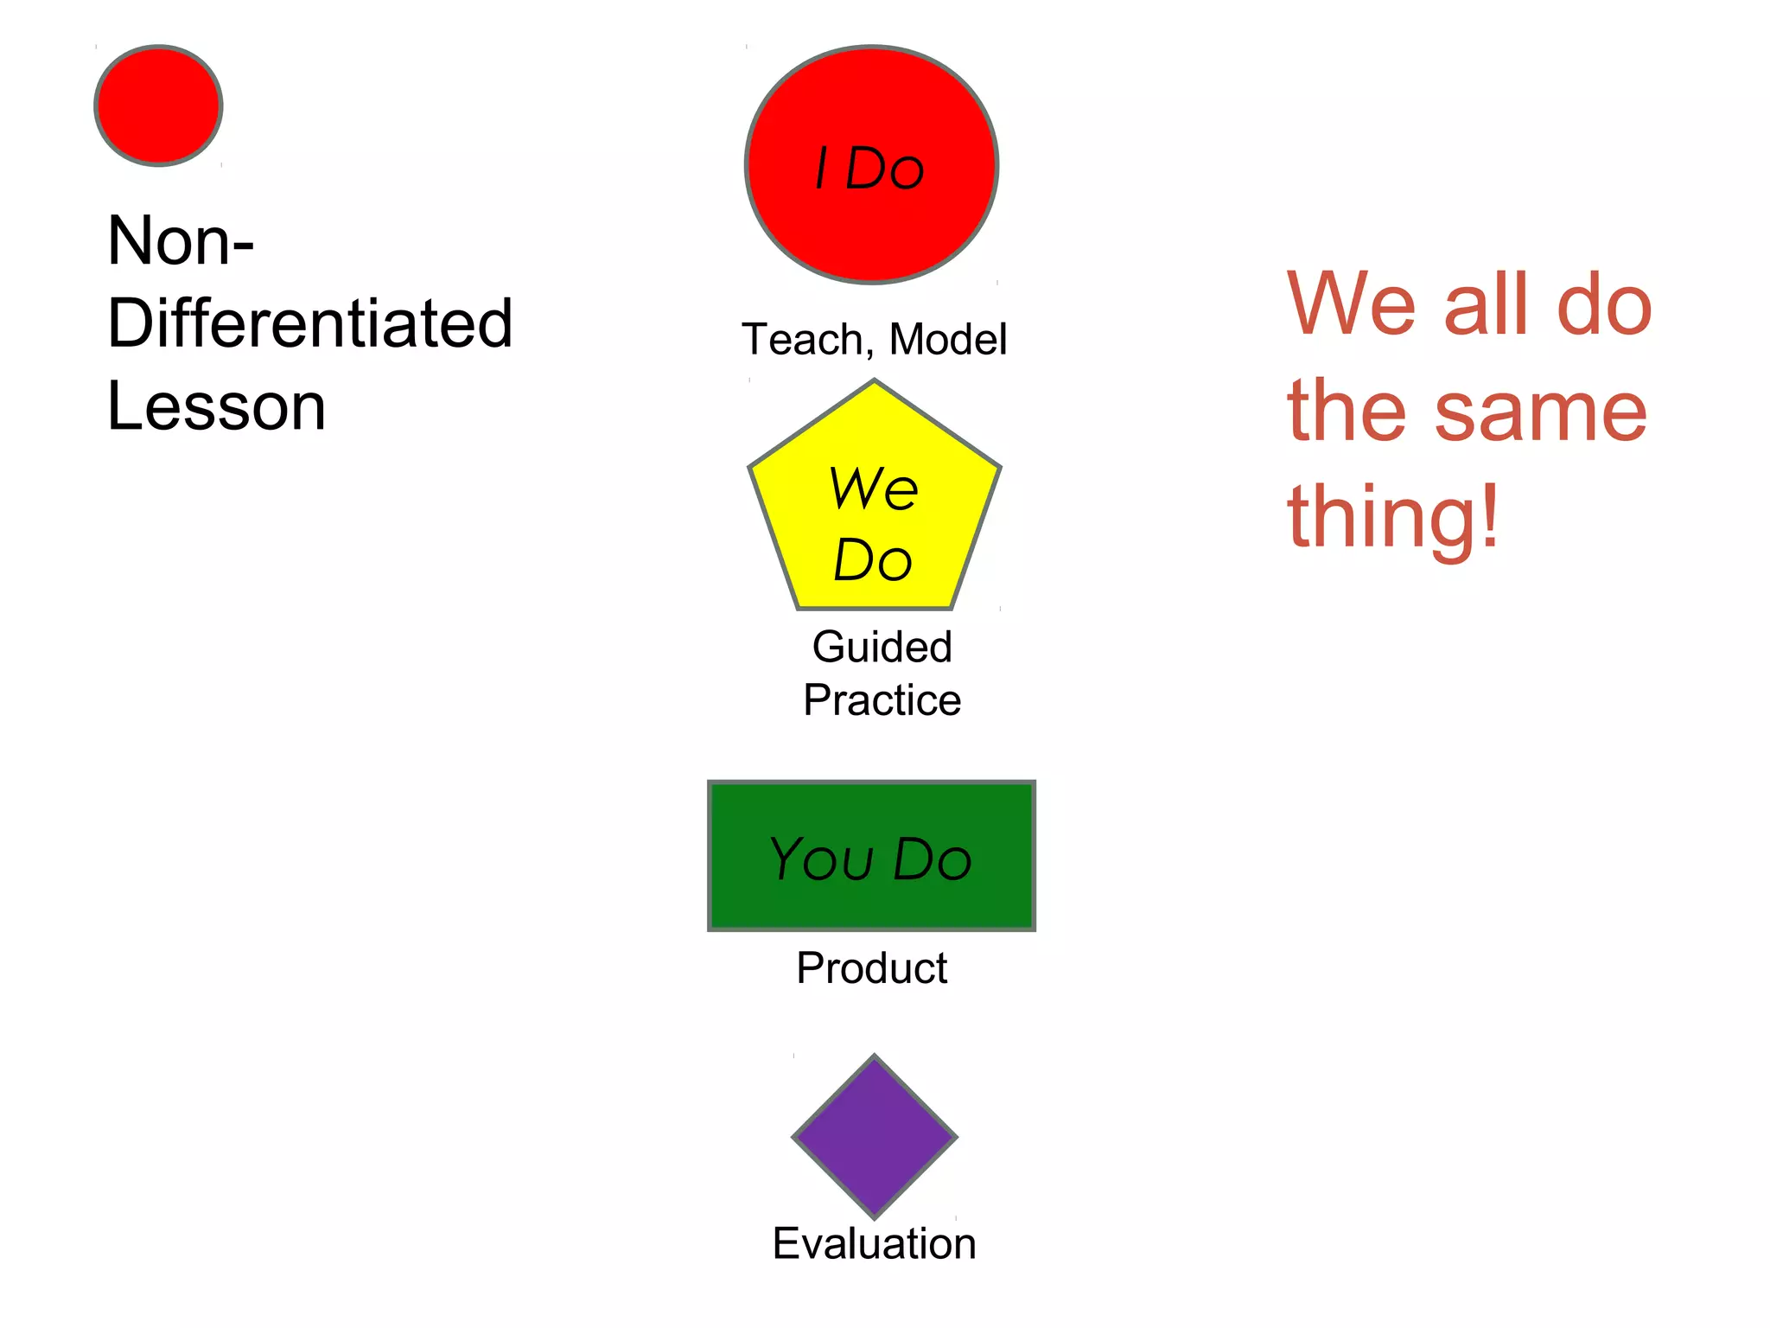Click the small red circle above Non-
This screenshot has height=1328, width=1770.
tap(158, 105)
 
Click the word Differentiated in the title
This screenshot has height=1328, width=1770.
tap(309, 323)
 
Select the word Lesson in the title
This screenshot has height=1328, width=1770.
tap(216, 406)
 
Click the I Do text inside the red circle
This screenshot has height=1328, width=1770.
tap(869, 168)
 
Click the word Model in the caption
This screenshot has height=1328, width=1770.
tap(948, 339)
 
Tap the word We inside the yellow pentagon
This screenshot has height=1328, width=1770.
tap(873, 488)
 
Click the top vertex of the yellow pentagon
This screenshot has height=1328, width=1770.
tap(874, 382)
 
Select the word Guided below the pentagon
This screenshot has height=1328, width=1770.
tap(882, 647)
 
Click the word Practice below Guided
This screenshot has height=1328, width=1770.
tap(882, 699)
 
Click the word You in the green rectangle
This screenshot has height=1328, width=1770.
tap(821, 859)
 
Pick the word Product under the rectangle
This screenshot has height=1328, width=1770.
tap(871, 967)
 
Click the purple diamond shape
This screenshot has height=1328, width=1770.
tap(874, 1136)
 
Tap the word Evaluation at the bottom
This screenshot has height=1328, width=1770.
tap(874, 1243)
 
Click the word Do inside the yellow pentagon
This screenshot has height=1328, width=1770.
tap(873, 560)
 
